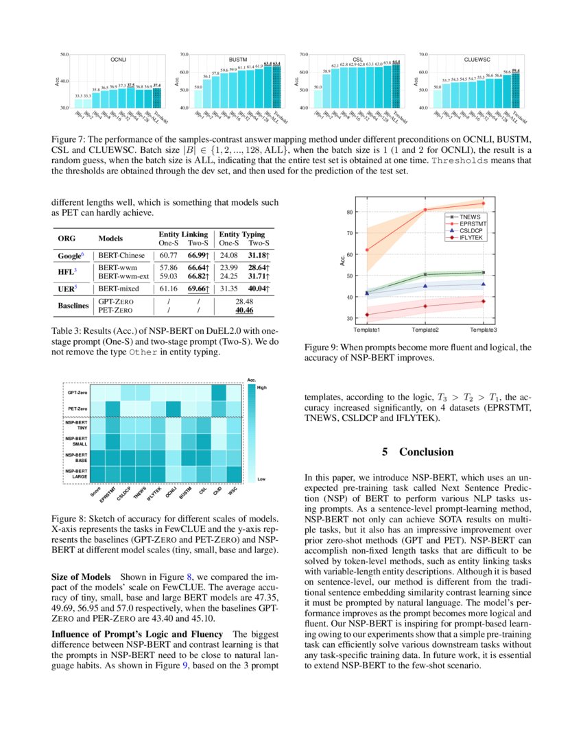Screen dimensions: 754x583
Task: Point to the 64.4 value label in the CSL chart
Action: (396, 62)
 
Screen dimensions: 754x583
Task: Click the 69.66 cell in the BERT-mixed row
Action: (198, 289)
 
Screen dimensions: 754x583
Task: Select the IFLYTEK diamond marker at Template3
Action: (483, 301)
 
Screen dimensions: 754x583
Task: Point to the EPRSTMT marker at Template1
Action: (368, 250)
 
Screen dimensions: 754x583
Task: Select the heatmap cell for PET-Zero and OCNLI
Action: (174, 409)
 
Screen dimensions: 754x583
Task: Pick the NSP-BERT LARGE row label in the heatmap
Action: (76, 474)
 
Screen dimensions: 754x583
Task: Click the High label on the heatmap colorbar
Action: (261, 387)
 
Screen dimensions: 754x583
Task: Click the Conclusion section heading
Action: (418, 452)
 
